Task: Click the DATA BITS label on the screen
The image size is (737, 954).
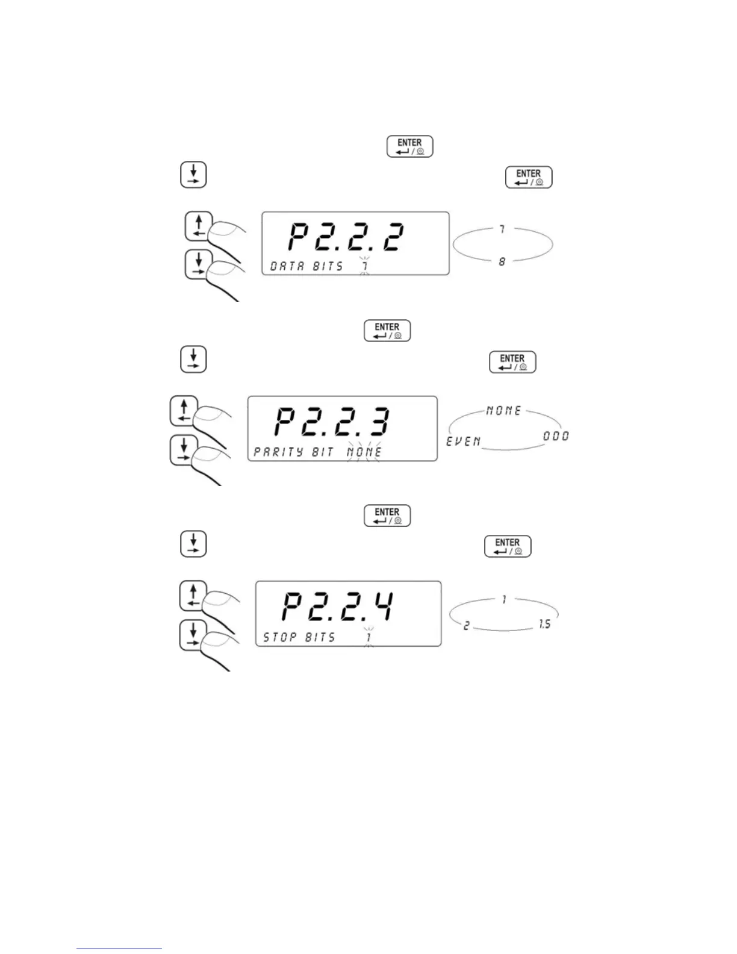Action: coord(306,266)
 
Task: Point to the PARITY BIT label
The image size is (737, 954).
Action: coord(294,452)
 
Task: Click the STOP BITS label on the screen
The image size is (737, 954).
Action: coord(299,637)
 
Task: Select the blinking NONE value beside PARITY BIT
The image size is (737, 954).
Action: coord(364,452)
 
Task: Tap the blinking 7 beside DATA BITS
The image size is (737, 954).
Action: coord(364,266)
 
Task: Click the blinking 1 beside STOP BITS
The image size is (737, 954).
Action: coord(368,637)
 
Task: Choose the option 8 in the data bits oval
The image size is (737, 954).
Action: coord(502,262)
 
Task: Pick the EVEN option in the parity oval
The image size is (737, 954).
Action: coord(464,441)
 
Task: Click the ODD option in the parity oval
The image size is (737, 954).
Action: coord(556,435)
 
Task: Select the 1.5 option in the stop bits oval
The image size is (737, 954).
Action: coord(544,625)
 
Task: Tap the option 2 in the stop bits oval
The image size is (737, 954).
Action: coord(466,626)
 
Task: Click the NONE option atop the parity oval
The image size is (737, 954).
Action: coord(503,411)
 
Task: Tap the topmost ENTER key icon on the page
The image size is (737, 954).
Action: coord(409,146)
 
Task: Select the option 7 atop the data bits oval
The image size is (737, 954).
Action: coord(502,229)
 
